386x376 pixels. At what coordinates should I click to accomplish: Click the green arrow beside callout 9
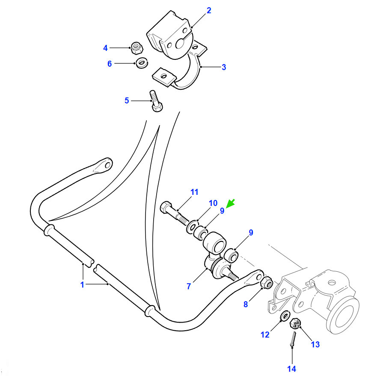[x=230, y=204]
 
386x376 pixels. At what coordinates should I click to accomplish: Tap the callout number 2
[x=209, y=11]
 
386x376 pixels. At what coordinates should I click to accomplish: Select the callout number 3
[x=224, y=67]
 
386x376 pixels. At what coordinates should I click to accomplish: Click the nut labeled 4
[x=137, y=48]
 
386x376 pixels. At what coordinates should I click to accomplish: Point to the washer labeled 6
[x=142, y=63]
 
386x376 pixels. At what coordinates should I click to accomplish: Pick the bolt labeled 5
[x=156, y=101]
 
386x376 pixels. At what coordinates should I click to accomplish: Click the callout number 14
[x=292, y=369]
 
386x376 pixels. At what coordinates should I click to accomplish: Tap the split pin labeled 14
[x=293, y=339]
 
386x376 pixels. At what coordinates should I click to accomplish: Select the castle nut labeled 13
[x=295, y=323]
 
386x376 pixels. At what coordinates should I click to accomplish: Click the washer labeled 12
[x=285, y=316]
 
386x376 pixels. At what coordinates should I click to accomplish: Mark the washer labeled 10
[x=192, y=226]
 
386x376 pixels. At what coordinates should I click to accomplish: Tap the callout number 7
[x=189, y=286]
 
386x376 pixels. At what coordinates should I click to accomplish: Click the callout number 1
[x=82, y=285]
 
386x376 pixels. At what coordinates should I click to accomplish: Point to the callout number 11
[x=194, y=192]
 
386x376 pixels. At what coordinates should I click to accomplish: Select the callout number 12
[x=265, y=335]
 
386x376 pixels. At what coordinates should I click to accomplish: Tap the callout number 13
[x=315, y=344]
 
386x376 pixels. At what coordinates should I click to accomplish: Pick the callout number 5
[x=127, y=100]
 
